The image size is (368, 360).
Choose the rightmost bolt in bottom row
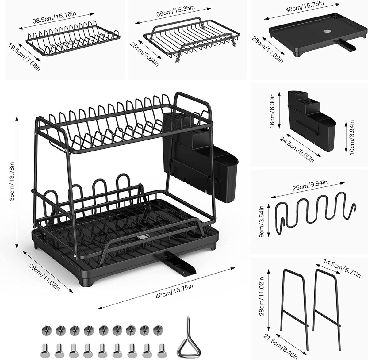(162, 349)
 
